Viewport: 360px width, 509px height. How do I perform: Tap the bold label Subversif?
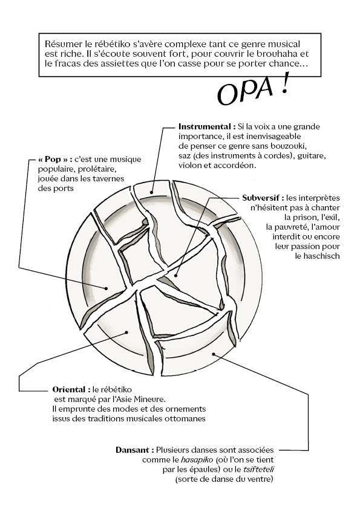pyautogui.click(x=263, y=198)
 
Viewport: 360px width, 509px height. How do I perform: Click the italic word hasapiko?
pyautogui.click(x=197, y=459)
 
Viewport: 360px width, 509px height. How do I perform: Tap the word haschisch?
pyautogui.click(x=318, y=256)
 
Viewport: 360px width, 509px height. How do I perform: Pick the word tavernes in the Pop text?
pyautogui.click(x=109, y=178)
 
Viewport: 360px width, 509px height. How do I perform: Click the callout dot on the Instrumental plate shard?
pyautogui.click(x=152, y=192)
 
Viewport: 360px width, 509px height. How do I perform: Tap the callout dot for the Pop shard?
pyautogui.click(x=106, y=288)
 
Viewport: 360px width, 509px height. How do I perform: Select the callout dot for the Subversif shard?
pyautogui.click(x=175, y=276)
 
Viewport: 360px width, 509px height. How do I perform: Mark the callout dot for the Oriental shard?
pyautogui.click(x=126, y=332)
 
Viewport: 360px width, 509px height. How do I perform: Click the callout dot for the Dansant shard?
pyautogui.click(x=214, y=354)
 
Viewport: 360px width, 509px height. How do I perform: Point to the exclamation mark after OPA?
pyautogui.click(x=284, y=85)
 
